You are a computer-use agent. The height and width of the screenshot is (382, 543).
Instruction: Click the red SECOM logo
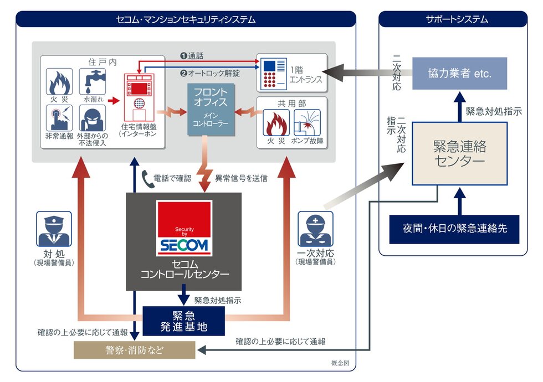tap(184, 228)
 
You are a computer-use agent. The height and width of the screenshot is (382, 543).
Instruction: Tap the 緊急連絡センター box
tap(459, 153)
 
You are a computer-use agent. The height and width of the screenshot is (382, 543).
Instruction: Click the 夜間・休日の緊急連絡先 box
tap(454, 229)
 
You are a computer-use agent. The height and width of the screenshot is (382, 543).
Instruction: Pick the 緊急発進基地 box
tap(184, 321)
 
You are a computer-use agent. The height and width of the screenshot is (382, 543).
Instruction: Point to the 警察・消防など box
tap(135, 350)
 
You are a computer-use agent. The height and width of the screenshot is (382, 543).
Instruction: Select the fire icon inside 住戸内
tap(59, 81)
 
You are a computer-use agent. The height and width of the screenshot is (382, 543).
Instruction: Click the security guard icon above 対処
tap(54, 229)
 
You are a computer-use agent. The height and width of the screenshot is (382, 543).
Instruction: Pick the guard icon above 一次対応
tap(315, 229)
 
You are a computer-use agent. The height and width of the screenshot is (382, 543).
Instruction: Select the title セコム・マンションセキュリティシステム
tap(186, 19)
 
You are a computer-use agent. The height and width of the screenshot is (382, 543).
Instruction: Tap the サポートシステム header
tap(453, 19)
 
